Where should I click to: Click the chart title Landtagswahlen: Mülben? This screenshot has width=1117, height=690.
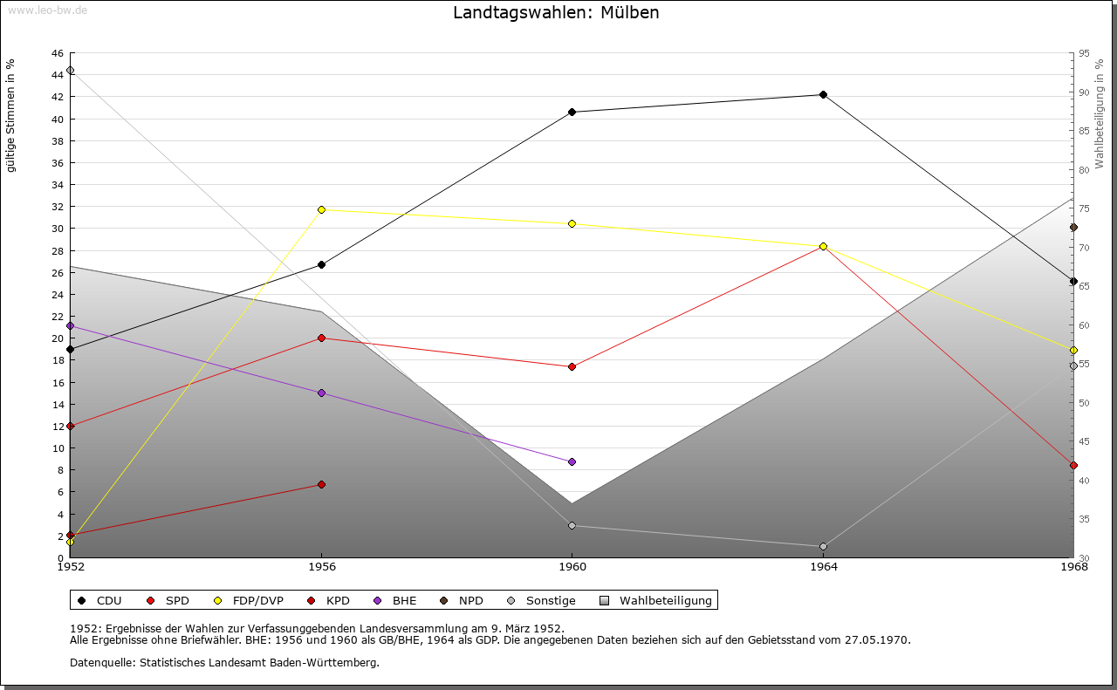(556, 13)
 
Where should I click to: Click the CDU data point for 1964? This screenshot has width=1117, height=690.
(823, 94)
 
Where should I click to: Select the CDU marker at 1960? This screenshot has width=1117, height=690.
(572, 112)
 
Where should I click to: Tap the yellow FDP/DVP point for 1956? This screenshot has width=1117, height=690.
(321, 209)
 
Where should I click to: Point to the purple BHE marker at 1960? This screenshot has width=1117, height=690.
(572, 461)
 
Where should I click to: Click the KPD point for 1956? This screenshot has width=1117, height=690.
(321, 484)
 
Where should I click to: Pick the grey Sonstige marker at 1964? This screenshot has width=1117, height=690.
(823, 546)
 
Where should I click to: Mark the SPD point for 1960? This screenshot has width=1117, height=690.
(572, 366)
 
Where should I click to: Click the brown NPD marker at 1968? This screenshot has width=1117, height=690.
(1073, 227)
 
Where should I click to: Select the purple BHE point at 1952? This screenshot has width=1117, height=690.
(70, 325)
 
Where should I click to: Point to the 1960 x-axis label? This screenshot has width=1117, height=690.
(572, 567)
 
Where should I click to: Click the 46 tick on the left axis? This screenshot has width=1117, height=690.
(57, 53)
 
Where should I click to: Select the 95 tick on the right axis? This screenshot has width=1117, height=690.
(1084, 53)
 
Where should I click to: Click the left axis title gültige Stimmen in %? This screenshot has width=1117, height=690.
(11, 115)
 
